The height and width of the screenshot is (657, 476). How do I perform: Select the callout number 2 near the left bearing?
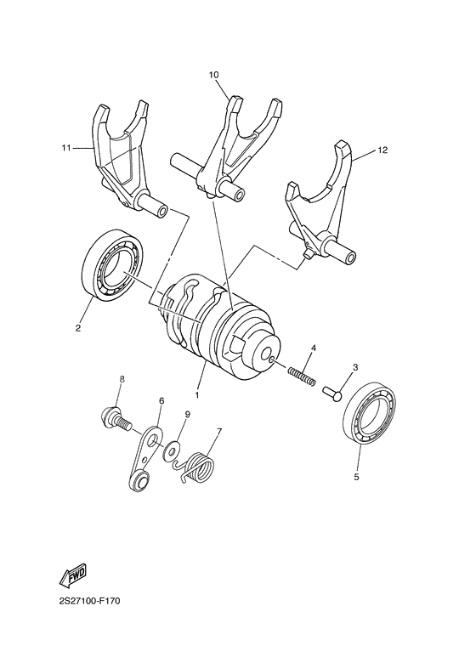(x=78, y=326)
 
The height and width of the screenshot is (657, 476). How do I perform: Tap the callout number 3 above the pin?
(x=355, y=367)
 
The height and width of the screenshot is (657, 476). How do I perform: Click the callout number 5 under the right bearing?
(x=356, y=477)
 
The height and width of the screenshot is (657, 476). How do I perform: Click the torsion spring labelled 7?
(x=201, y=467)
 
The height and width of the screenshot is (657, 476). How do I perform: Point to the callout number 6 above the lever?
(x=161, y=400)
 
